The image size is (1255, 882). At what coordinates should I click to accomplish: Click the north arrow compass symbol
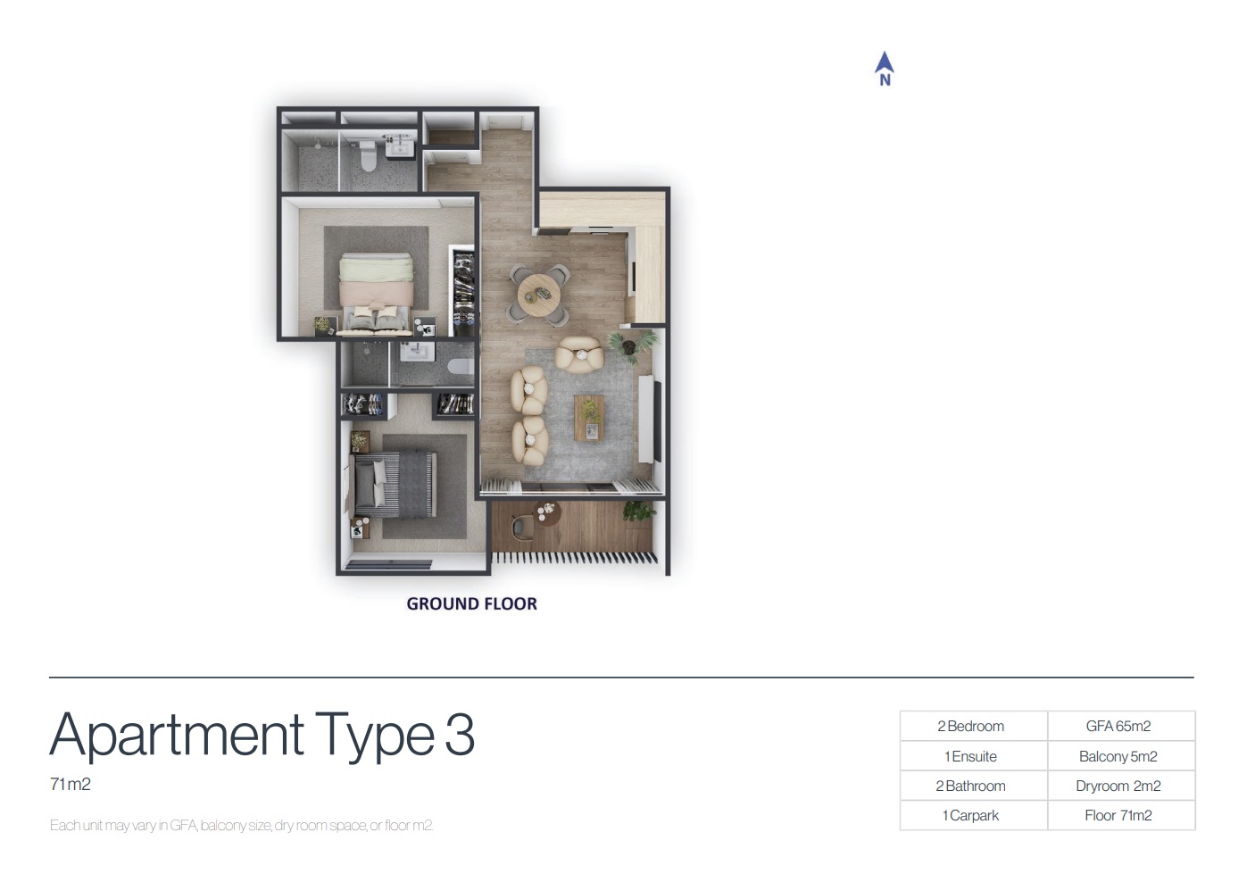pos(884,68)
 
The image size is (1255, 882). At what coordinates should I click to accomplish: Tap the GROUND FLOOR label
pos(471,603)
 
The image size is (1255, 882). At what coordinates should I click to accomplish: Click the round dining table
pos(538,290)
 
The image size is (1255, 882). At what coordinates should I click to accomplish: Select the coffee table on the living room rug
pos(589,417)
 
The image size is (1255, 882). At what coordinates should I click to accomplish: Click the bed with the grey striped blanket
pos(395,484)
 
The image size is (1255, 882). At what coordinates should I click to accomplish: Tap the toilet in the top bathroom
pos(367,156)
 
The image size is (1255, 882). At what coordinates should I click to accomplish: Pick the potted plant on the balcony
pos(637,511)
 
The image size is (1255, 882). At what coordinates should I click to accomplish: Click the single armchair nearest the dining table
pos(579,354)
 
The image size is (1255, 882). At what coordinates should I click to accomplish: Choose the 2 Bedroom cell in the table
pos(971,727)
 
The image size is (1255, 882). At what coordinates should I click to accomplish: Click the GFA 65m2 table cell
pos(1118,727)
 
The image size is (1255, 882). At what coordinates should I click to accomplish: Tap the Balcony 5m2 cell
pos(1118,756)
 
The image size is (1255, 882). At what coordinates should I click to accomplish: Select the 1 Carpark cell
pos(971,815)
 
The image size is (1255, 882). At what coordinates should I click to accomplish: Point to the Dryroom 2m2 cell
pos(1118,786)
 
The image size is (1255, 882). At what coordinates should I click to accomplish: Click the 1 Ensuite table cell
pos(971,756)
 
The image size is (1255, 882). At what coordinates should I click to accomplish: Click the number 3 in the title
pos(459,735)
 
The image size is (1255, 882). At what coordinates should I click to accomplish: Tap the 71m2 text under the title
pos(71,785)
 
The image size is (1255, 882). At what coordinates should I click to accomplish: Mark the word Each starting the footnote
pos(64,825)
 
